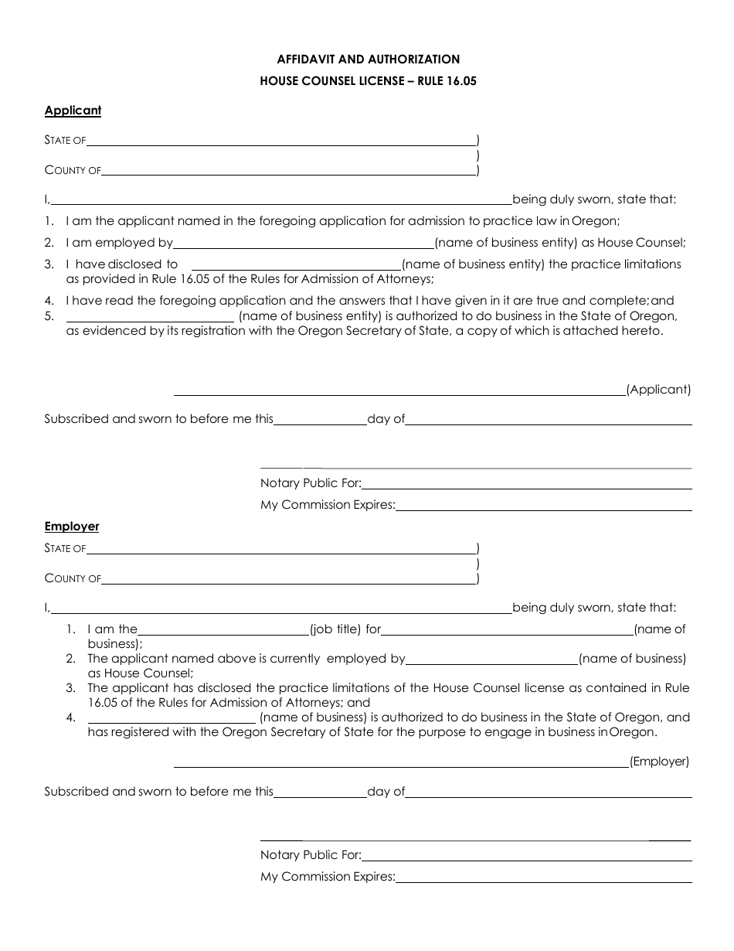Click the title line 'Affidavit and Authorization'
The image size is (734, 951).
pyautogui.click(x=368, y=59)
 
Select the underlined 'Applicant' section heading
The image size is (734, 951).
pyautogui.click(x=73, y=111)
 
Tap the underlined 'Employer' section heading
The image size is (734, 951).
pyautogui.click(x=72, y=527)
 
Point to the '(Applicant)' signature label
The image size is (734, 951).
pyautogui.click(x=658, y=390)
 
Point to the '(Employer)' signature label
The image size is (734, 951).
pyautogui.click(x=659, y=762)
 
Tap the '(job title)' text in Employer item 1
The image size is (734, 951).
pyautogui.click(x=335, y=629)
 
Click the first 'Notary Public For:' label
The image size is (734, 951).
pyautogui.click(x=311, y=483)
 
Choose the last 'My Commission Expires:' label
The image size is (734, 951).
pyautogui.click(x=328, y=877)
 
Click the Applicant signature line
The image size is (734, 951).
pyautogui.click(x=399, y=394)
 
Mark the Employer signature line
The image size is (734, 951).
pyautogui.click(x=400, y=766)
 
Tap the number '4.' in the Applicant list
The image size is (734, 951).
pyautogui.click(x=49, y=301)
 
